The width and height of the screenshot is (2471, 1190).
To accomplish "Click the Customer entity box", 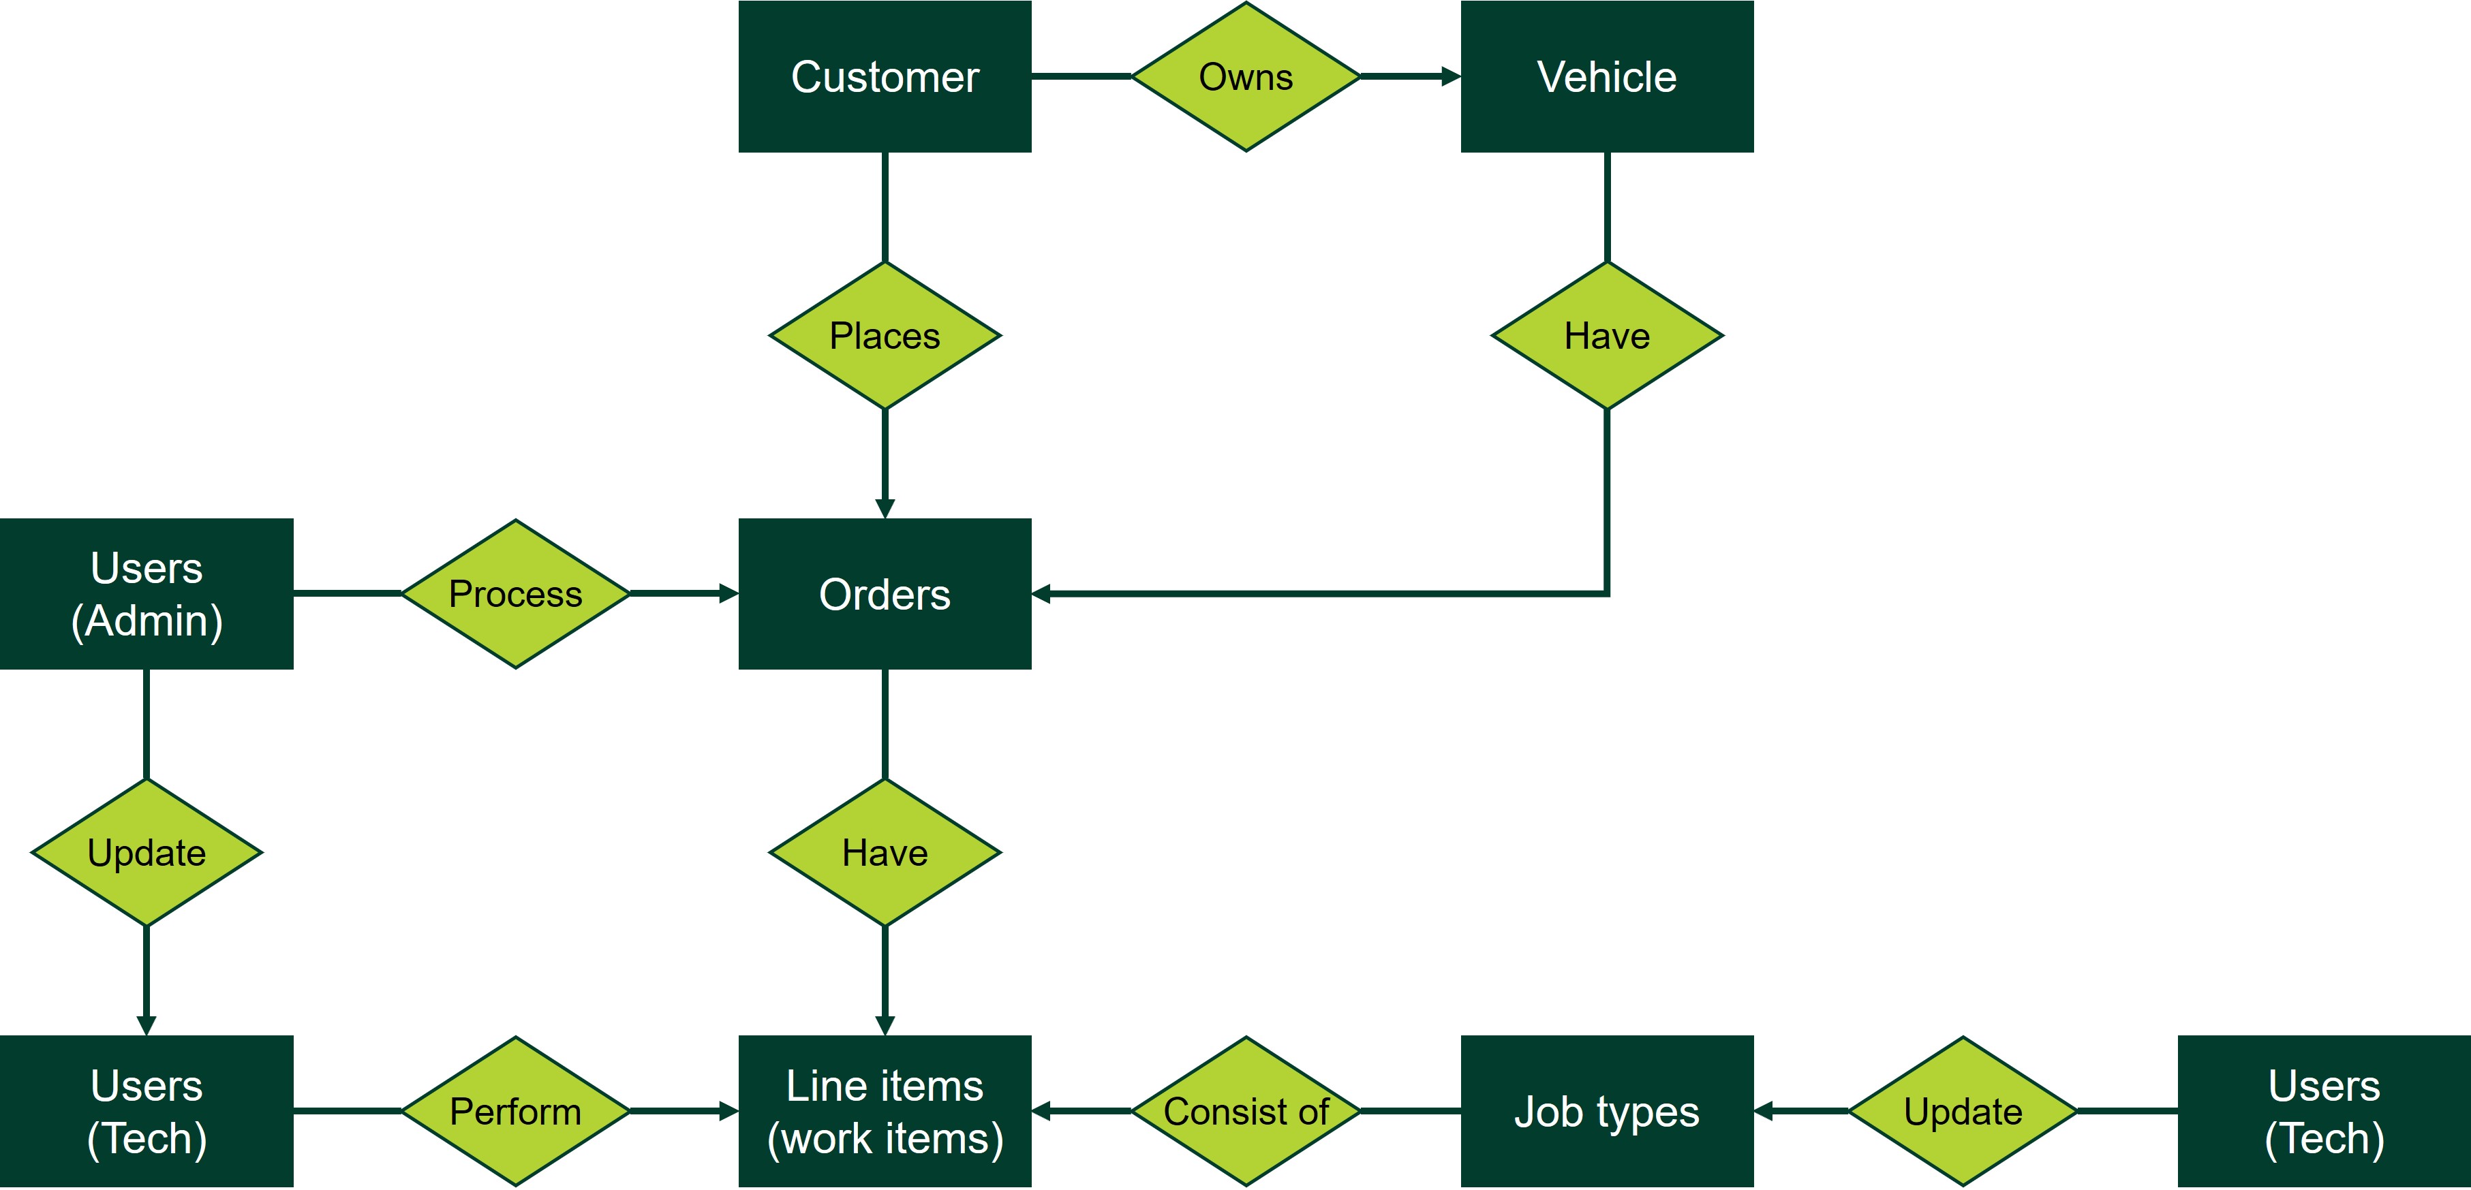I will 885,77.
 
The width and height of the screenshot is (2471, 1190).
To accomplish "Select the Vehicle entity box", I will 1607,77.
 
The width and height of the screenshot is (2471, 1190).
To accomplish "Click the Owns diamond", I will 1245,77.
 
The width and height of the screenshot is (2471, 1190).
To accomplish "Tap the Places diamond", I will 885,336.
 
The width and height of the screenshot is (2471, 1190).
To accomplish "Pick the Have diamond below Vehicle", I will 1607,336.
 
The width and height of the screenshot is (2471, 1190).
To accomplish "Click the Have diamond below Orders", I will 885,852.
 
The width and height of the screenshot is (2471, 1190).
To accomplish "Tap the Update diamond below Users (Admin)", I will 147,852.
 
